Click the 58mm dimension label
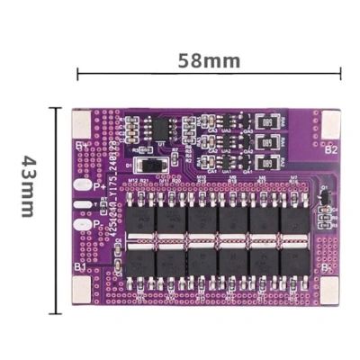(x=208, y=61)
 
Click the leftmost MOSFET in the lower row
(x=140, y=260)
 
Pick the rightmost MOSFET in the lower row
(x=292, y=260)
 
